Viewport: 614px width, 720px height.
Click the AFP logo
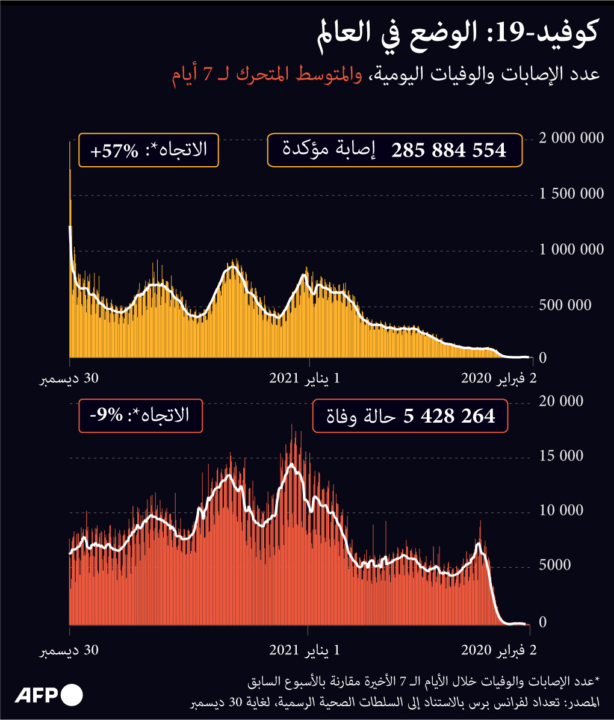pos(49,695)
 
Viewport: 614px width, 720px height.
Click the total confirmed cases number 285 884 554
pos(449,150)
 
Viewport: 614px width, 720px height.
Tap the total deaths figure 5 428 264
pos(452,416)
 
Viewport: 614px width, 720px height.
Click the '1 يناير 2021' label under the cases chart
pos(305,379)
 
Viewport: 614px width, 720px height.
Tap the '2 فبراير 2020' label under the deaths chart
pos(499,650)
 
